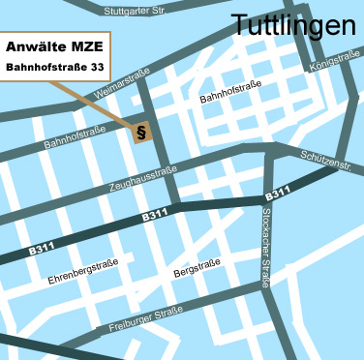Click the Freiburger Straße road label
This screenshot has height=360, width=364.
(x=146, y=318)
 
